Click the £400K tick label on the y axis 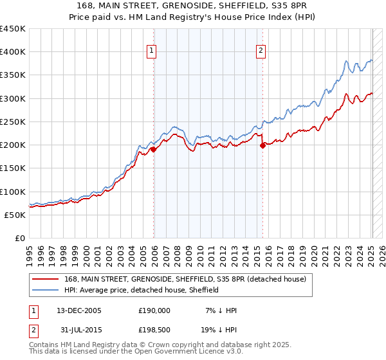[13, 52]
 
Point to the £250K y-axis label [13, 122]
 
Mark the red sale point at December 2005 [154, 150]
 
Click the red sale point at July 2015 [263, 146]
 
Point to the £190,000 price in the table [154, 310]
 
